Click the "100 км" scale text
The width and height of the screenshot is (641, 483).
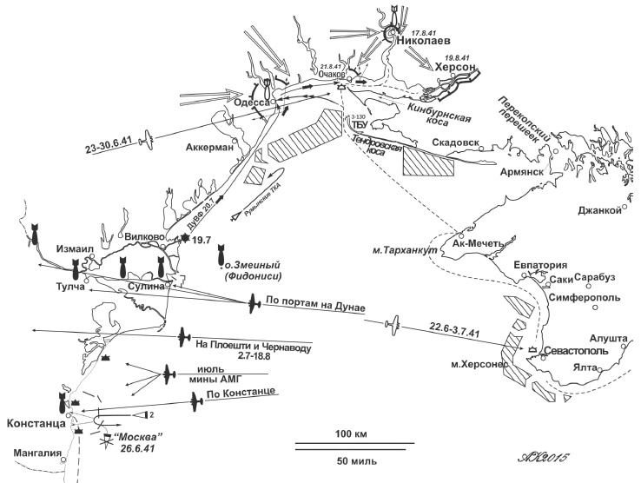(x=343, y=433)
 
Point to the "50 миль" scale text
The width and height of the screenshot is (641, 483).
(x=345, y=460)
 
